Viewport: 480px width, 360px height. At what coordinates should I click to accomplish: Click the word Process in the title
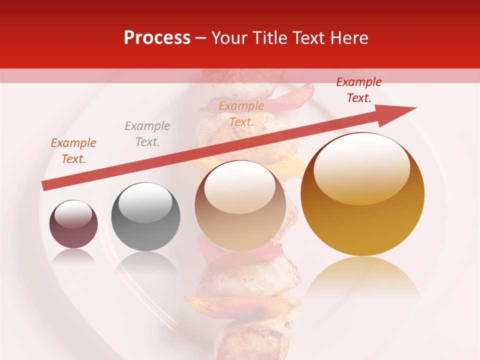pos(157,38)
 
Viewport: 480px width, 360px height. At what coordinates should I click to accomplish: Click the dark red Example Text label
pos(358,90)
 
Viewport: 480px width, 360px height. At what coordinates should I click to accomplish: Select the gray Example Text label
pos(147,134)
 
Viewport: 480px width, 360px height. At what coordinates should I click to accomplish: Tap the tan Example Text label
pos(241,114)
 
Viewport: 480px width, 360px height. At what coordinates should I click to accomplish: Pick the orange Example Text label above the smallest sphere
pos(73,151)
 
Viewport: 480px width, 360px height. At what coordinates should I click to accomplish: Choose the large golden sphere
pos(362,215)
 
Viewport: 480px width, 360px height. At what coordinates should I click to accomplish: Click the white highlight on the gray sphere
pos(145,202)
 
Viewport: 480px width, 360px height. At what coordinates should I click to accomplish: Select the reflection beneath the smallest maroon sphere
pos(73,256)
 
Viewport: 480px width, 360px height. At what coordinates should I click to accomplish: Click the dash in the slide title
pos(201,38)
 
